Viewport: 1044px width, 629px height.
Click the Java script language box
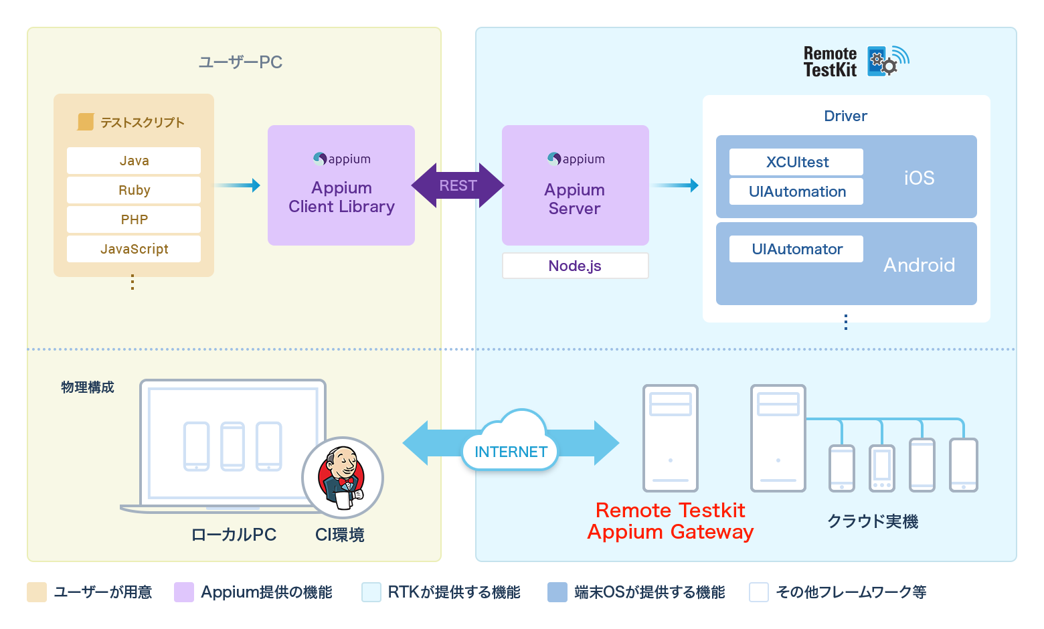[134, 161]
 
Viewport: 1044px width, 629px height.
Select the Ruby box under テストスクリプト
[134, 190]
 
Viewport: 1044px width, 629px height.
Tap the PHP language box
[134, 219]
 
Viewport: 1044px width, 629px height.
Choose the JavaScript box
[134, 249]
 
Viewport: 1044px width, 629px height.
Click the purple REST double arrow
[458, 185]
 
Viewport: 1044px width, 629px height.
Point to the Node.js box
[575, 266]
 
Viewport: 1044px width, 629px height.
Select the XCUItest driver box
[796, 162]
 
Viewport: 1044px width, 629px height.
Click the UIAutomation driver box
[796, 191]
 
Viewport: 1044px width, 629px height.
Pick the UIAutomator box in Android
[796, 249]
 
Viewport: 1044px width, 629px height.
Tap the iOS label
[919, 178]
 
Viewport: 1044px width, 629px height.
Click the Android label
[919, 265]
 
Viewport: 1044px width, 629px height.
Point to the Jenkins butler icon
[343, 477]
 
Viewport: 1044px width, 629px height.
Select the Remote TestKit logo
[856, 62]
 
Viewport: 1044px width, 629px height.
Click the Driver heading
[845, 116]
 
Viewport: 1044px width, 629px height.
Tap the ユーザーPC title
[240, 62]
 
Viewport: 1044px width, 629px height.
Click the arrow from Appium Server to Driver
[675, 185]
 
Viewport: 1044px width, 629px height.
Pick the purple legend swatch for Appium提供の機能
[184, 592]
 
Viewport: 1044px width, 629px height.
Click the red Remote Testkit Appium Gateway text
[671, 521]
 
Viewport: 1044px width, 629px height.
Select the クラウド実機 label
[873, 521]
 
